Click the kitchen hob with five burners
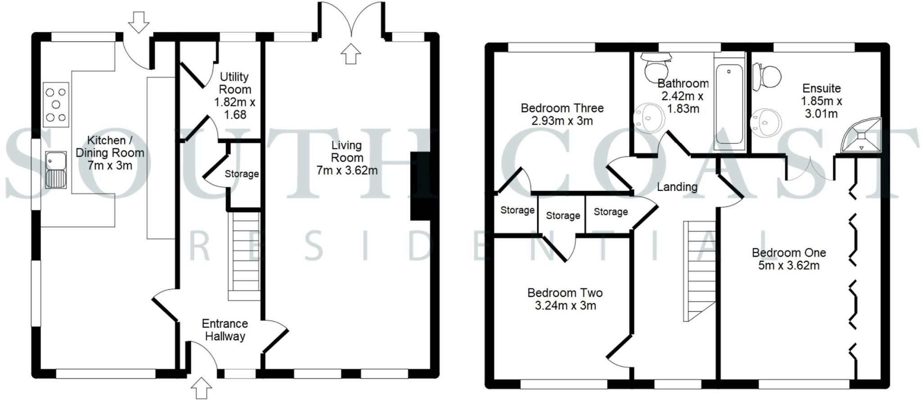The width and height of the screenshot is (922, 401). click(56, 105)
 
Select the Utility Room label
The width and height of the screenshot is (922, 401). click(235, 83)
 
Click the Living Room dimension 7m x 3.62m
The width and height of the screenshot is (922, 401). click(347, 170)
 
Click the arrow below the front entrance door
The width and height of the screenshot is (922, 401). click(201, 388)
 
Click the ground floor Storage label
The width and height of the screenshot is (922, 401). click(242, 174)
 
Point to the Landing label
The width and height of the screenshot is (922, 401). click(677, 187)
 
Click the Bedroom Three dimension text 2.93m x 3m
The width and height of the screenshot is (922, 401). click(562, 121)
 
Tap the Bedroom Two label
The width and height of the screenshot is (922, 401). click(565, 293)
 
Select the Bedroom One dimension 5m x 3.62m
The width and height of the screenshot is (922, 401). click(789, 265)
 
